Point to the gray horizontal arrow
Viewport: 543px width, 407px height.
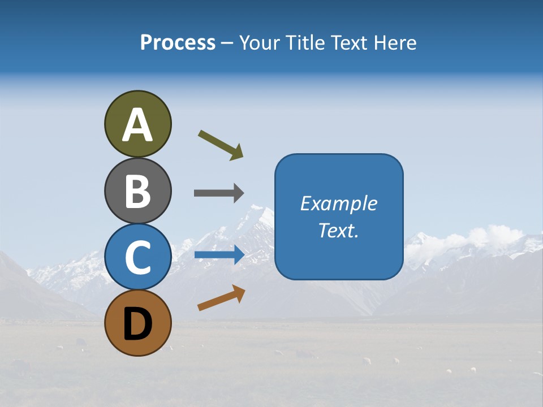click(218, 193)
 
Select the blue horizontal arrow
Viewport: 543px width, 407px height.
click(218, 254)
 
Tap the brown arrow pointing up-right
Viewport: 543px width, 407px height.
click(221, 298)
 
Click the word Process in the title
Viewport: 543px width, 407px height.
click(178, 42)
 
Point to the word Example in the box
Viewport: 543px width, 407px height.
click(339, 203)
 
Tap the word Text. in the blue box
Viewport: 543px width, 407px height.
click(339, 230)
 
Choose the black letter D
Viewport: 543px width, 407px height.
click(137, 324)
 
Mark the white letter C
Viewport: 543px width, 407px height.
click(137, 257)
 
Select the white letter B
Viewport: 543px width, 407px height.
click(137, 191)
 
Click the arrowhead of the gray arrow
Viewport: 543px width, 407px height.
click(238, 193)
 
